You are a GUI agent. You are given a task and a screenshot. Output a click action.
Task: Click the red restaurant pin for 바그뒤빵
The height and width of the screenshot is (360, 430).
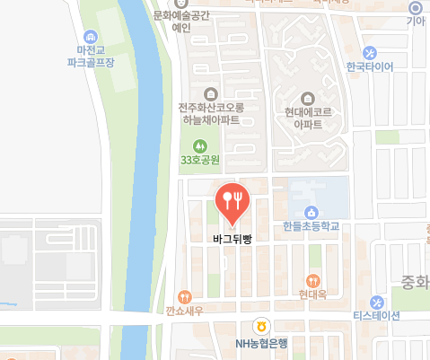click(x=232, y=201)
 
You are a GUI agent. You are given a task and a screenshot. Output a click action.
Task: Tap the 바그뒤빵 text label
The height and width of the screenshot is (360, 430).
click(x=232, y=239)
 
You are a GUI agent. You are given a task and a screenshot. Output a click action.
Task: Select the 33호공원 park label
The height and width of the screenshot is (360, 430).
click(x=199, y=160)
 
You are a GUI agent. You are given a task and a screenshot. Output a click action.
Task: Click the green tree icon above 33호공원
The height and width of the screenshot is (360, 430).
click(x=200, y=144)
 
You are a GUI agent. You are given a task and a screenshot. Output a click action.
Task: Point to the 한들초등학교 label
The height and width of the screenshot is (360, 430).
click(x=311, y=227)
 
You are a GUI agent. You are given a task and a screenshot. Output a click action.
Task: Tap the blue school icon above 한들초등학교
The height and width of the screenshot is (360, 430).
click(x=312, y=212)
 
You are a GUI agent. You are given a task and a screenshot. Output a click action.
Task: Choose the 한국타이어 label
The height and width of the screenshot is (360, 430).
click(x=370, y=66)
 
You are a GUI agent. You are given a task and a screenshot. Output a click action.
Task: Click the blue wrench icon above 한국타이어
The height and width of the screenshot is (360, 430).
click(x=370, y=51)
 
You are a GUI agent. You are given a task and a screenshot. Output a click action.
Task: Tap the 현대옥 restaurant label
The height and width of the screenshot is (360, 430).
click(x=312, y=294)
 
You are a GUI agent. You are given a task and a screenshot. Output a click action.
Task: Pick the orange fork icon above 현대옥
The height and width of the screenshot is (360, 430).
click(x=312, y=279)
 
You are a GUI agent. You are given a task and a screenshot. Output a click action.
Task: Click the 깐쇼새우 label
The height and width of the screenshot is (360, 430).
click(x=183, y=310)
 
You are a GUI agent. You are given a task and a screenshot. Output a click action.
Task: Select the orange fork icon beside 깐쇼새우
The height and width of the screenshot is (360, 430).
click(x=184, y=295)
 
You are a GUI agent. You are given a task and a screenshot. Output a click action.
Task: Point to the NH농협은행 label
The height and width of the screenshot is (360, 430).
click(x=260, y=342)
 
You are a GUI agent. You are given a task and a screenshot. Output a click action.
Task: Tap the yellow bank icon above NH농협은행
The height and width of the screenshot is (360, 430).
click(x=260, y=326)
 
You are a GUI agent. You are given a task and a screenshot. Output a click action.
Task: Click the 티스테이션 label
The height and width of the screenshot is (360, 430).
click(x=375, y=316)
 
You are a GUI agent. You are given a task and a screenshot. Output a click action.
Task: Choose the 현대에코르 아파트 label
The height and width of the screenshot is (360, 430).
click(x=308, y=119)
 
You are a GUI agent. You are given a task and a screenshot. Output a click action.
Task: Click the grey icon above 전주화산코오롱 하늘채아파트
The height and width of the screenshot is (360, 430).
click(x=210, y=92)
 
